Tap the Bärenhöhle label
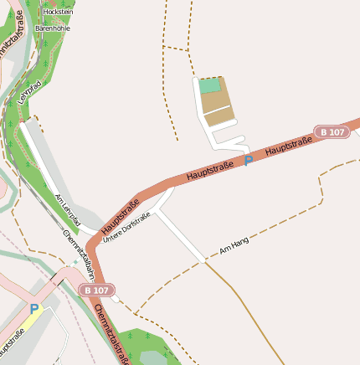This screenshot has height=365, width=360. (52, 28)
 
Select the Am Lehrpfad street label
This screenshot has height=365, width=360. (67, 209)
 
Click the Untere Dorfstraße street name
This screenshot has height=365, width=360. (126, 228)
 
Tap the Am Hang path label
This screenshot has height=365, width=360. (234, 246)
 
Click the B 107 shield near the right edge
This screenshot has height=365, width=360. (332, 132)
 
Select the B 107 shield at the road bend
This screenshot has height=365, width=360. (96, 290)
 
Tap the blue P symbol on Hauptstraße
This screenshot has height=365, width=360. (248, 160)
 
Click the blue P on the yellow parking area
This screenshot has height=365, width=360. (33, 309)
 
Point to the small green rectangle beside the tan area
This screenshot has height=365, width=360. (210, 85)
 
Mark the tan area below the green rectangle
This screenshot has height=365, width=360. (218, 106)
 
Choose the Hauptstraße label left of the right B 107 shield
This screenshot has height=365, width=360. (288, 146)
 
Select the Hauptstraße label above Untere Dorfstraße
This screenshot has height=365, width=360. (121, 216)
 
